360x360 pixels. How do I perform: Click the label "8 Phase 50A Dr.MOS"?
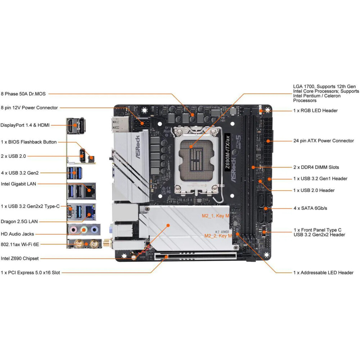[23, 94]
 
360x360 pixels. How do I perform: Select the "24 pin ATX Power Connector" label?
[323, 141]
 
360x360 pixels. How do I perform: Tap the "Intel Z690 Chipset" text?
[20, 258]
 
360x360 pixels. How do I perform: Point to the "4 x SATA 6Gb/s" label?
[310, 208]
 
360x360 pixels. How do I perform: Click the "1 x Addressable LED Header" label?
[323, 273]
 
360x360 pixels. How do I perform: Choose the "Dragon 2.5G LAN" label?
[19, 221]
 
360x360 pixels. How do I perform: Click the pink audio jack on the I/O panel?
[73, 229]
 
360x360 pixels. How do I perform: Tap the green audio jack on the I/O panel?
[84, 229]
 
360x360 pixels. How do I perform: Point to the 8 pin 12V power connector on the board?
[143, 123]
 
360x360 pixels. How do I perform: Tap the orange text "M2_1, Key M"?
[215, 216]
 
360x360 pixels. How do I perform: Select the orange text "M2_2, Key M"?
[218, 236]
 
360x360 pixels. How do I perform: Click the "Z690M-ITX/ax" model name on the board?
[227, 152]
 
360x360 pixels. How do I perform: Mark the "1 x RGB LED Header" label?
[315, 111]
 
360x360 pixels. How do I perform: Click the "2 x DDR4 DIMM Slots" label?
[316, 167]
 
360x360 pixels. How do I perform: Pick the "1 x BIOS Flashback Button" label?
[29, 142]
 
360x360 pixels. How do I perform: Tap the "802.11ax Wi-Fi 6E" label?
[20, 244]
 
